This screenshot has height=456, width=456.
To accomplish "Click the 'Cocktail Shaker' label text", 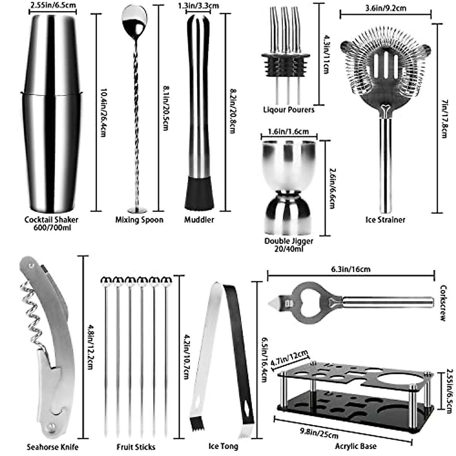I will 51,220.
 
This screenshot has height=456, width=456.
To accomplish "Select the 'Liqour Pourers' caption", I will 289,110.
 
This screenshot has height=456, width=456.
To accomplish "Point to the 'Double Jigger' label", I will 289,241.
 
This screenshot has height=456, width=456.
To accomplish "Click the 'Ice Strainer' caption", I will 385,220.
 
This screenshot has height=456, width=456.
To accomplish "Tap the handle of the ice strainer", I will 386,163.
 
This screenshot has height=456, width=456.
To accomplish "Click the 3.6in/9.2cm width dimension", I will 385,7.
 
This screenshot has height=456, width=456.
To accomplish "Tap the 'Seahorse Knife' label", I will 53,447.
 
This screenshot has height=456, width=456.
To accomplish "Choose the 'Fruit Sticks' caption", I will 136,447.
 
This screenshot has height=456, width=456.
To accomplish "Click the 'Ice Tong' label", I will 223,446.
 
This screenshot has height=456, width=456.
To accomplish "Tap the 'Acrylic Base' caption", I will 356,446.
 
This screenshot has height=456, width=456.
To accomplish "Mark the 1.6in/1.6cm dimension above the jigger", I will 289,131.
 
